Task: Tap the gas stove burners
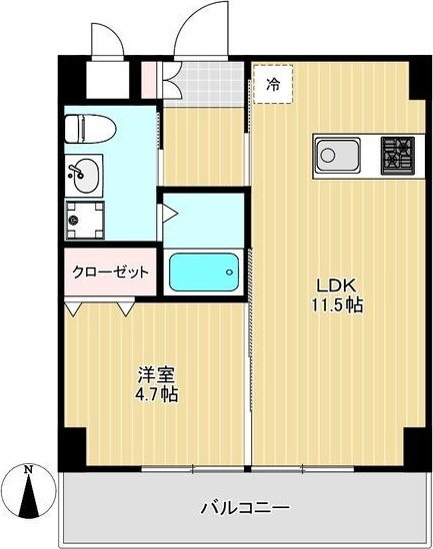pyautogui.click(x=395, y=156)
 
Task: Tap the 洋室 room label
pyautogui.click(x=156, y=376)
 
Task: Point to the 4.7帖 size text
pyautogui.click(x=157, y=394)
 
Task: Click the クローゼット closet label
pyautogui.click(x=110, y=272)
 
